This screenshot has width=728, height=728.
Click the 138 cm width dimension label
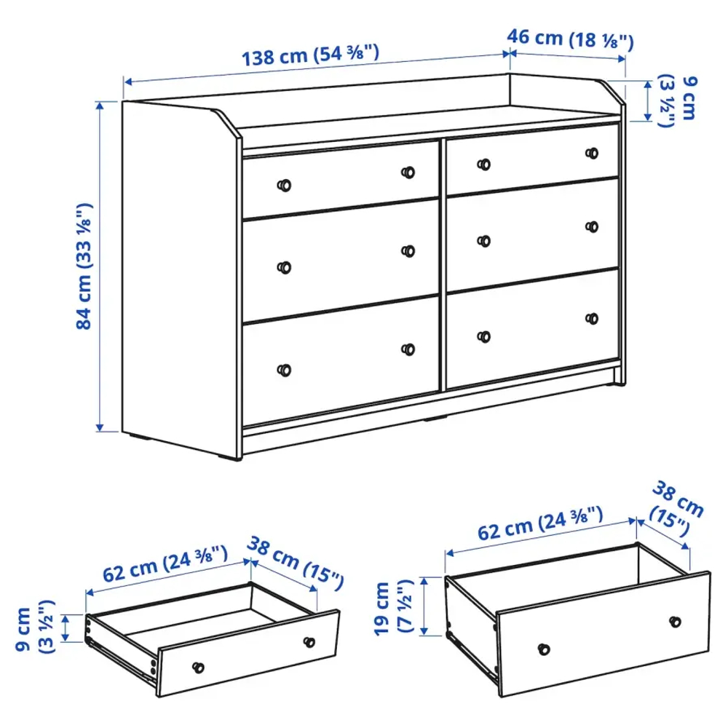pos(311,55)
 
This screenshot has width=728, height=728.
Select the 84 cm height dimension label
pos(86,266)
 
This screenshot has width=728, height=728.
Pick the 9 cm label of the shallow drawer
pos(36,628)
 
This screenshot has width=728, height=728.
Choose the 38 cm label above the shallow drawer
pos(295,562)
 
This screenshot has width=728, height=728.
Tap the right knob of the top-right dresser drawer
pos(593,154)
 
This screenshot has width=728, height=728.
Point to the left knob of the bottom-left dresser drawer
pos(285,370)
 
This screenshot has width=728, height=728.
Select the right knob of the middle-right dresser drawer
pos(592,226)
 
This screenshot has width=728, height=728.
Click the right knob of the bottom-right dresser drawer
pos(592,318)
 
